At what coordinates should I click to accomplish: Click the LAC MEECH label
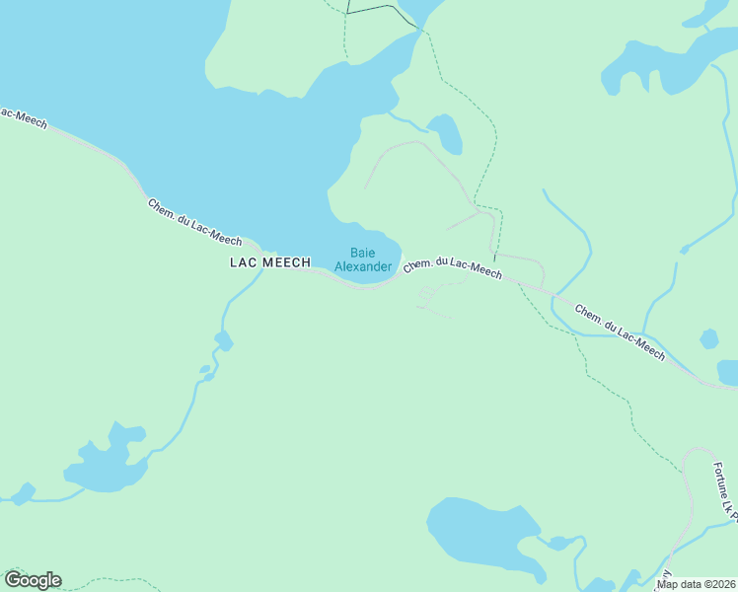click(269, 262)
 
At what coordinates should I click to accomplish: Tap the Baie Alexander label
click(362, 259)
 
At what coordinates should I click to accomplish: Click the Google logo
click(33, 580)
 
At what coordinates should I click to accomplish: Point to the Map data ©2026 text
click(696, 584)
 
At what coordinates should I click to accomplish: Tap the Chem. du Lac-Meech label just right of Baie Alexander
click(453, 267)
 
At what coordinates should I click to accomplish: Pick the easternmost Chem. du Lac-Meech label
click(620, 332)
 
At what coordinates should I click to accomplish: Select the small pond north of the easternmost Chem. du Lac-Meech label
click(708, 339)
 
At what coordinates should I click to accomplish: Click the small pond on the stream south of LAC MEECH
click(224, 341)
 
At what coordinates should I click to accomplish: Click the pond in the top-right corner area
click(656, 64)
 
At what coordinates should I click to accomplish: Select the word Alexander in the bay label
click(363, 266)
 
